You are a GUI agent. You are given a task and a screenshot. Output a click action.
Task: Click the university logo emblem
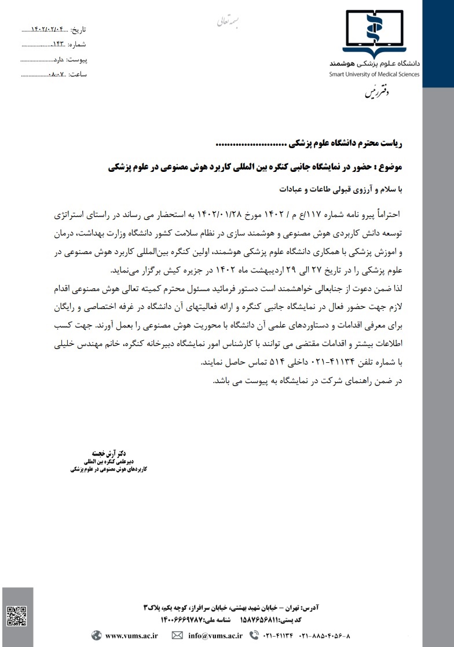374,33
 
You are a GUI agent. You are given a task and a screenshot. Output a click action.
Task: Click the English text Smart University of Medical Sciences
374,74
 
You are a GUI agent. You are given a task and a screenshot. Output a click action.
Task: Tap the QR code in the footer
17,615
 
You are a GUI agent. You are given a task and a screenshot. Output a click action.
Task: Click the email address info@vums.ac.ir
215,635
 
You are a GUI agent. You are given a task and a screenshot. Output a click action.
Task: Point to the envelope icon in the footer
177,635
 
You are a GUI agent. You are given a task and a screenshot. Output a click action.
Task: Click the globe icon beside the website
96,635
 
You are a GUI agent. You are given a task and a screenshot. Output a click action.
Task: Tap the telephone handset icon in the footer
253,635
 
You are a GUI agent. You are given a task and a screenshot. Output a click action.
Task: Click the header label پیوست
75,60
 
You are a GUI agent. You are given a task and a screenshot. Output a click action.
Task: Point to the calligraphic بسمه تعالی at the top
222,21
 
